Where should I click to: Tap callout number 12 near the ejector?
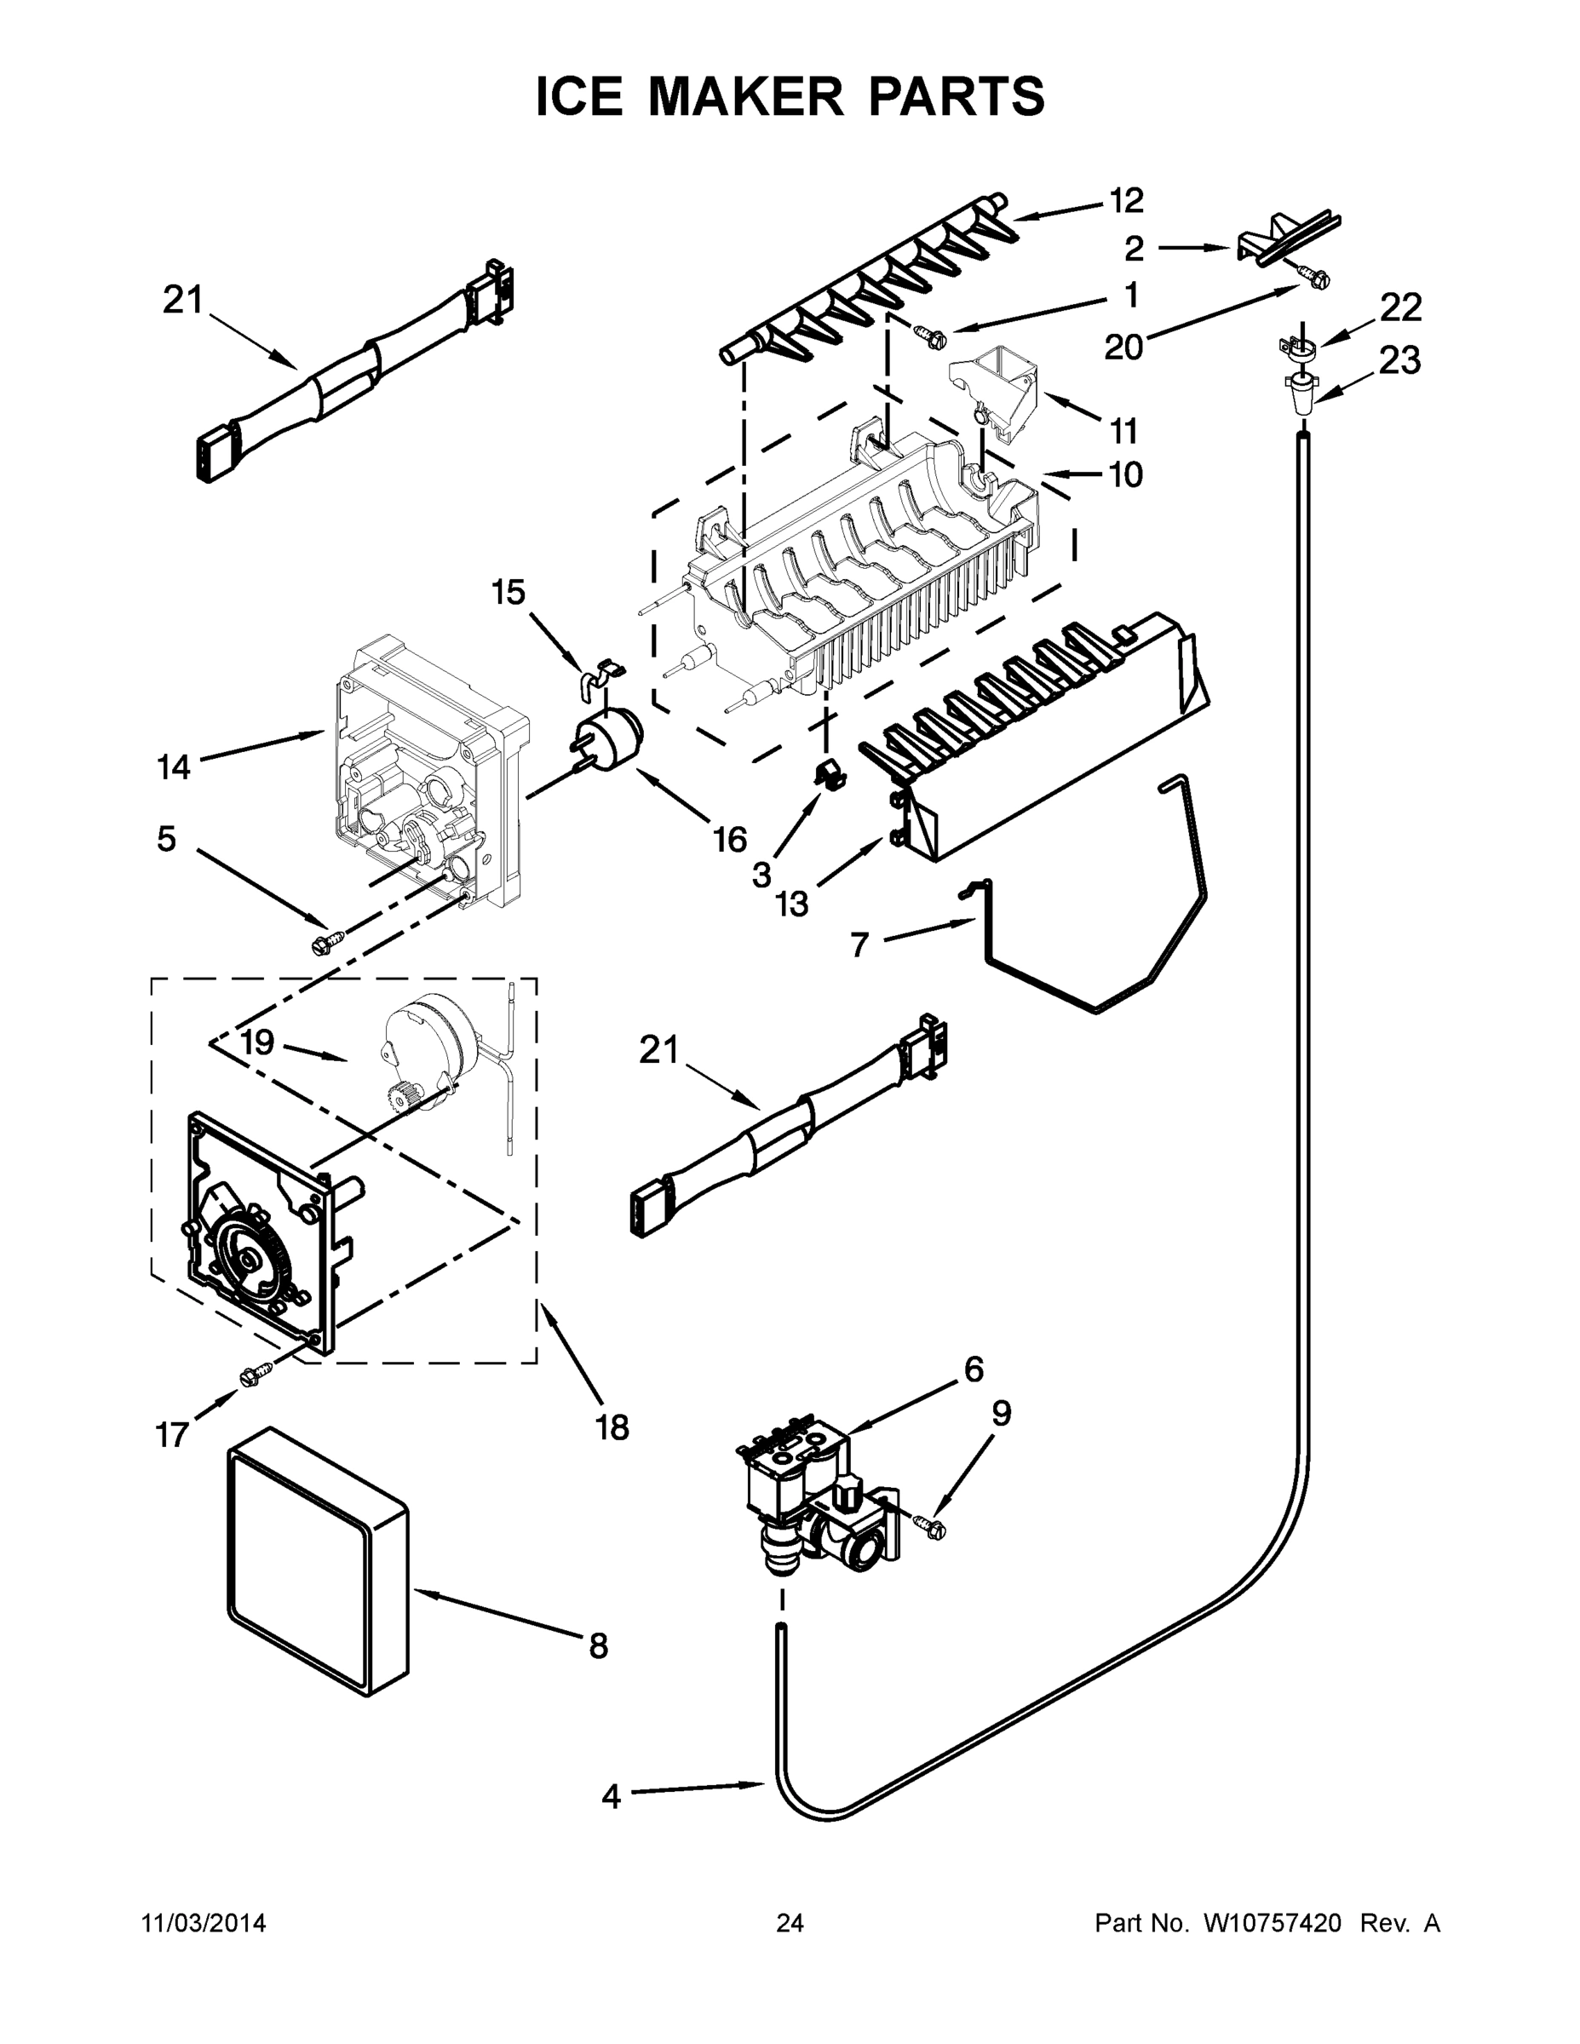1126,199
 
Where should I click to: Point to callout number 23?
1399,359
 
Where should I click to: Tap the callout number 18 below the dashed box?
612,1427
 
